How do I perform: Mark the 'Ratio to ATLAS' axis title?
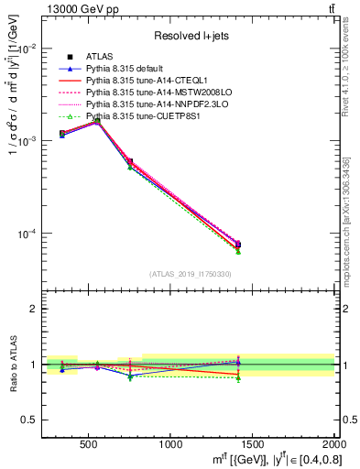pyautogui.click(x=12, y=365)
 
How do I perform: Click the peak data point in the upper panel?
pyautogui.click(x=97, y=119)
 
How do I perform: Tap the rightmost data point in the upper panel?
pyautogui.click(x=238, y=244)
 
